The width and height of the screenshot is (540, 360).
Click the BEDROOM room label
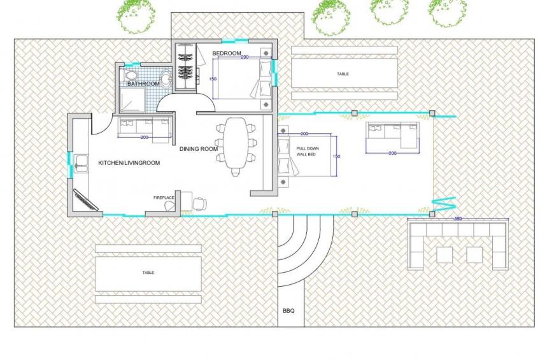(x=227, y=54)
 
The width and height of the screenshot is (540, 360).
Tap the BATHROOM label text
(x=143, y=83)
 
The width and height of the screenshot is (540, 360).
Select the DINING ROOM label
(x=199, y=149)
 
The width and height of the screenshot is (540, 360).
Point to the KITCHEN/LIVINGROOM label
(x=129, y=162)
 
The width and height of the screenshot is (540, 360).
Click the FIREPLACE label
(x=164, y=198)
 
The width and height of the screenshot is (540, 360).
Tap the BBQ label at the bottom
(x=288, y=311)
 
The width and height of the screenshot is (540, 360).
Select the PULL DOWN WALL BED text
(x=308, y=152)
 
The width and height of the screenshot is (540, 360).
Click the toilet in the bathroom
(x=130, y=76)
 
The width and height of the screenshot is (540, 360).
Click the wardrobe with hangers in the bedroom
(x=185, y=66)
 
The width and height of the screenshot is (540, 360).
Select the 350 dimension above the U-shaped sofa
(x=458, y=219)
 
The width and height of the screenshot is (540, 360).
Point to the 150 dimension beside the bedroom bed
(x=213, y=79)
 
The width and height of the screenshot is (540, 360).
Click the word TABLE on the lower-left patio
(x=148, y=273)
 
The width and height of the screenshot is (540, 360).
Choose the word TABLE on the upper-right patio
(x=343, y=74)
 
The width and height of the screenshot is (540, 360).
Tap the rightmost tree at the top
(x=446, y=12)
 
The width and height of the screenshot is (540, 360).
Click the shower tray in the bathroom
(x=132, y=99)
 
